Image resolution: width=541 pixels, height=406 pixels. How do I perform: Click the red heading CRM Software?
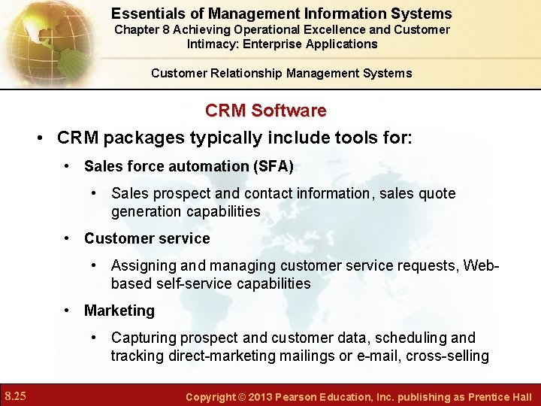coord(265,111)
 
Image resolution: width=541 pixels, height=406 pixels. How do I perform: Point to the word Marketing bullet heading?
coord(119,311)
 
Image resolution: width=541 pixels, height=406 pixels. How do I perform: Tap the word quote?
coord(436,193)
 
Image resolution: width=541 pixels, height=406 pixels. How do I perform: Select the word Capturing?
coord(144,338)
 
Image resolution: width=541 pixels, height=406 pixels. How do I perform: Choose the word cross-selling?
coord(447,356)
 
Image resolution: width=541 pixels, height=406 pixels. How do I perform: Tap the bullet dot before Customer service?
coord(68,238)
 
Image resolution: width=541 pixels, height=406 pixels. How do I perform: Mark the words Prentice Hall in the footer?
coord(500,396)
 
